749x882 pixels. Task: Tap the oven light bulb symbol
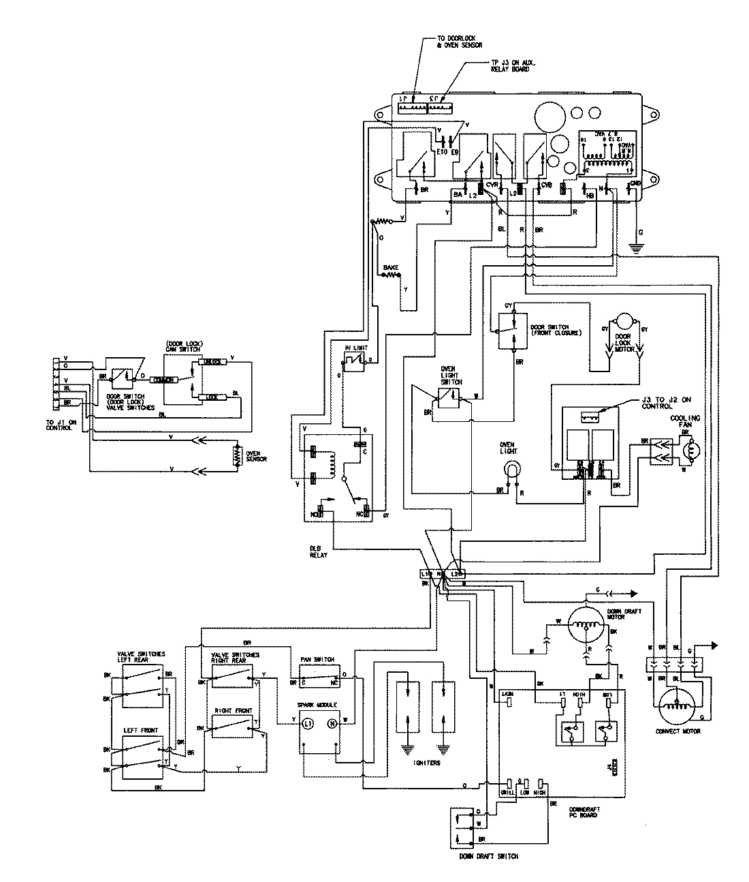tap(510, 469)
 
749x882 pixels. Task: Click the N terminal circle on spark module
tap(332, 723)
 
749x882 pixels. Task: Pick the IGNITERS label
tap(426, 763)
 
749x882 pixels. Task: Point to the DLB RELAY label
tap(318, 551)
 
